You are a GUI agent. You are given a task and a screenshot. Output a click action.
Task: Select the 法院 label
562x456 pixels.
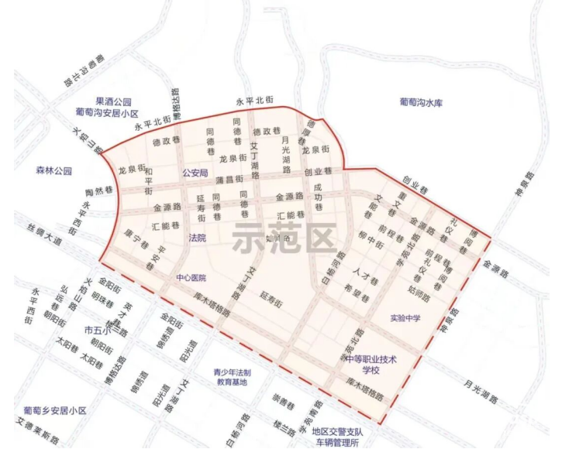click(x=198, y=238)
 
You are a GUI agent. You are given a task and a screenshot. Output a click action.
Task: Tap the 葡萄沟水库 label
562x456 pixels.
click(x=420, y=102)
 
